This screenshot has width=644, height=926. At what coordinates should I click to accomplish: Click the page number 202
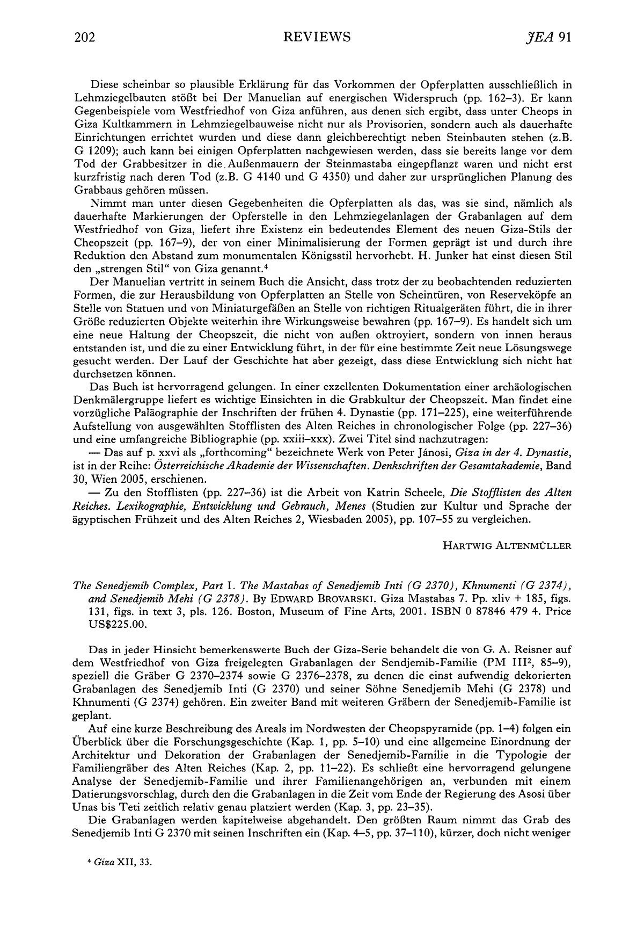85,37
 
